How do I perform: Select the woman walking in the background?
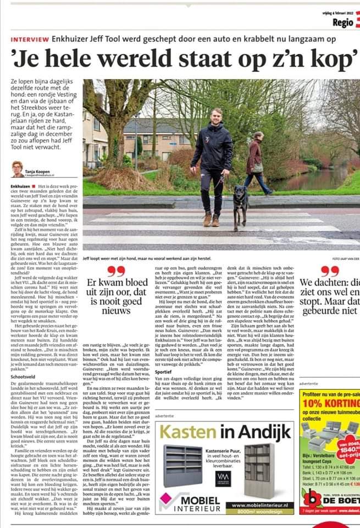coord(257,162)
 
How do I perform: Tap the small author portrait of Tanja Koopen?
coord(17,169)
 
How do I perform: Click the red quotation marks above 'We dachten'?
coord(330,271)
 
